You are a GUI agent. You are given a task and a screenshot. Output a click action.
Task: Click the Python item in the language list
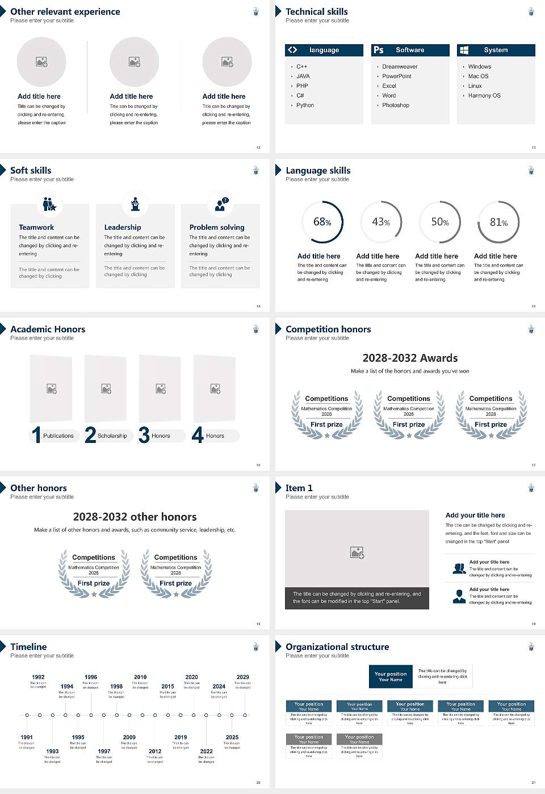pos(305,105)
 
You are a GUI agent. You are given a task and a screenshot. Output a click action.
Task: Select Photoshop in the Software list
pos(396,105)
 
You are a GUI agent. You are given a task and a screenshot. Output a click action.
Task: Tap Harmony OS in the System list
pos(484,96)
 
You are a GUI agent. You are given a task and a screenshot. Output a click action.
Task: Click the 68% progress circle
pos(322,222)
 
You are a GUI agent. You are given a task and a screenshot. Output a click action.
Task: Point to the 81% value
pos(498,222)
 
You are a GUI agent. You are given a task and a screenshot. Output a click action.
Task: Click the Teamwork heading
pos(36,227)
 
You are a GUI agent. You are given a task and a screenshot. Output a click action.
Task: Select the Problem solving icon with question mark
pos(220,204)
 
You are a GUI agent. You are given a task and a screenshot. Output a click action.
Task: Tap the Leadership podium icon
pos(135,204)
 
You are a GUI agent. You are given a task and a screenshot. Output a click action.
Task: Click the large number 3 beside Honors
pos(144,435)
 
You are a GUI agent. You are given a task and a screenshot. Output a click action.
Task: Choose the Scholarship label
pos(112,436)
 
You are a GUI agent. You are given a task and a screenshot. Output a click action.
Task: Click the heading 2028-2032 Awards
pos(410,358)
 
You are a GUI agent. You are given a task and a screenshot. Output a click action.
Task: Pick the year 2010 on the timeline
pos(140,677)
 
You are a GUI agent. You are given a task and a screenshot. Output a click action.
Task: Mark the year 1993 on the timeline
pos(52,751)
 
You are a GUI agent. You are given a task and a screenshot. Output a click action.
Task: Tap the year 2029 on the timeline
pos(242,677)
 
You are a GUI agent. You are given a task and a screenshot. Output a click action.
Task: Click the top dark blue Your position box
pos(391,677)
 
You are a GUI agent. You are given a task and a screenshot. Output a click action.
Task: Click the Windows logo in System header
pos(464,50)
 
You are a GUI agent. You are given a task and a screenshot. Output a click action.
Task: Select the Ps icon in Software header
pos(379,50)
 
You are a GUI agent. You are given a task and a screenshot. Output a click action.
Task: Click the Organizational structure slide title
pos(337,647)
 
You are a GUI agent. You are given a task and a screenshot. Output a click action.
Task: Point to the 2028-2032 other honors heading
pos(135,517)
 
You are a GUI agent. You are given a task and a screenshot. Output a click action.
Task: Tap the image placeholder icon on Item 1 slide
pos(357,552)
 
